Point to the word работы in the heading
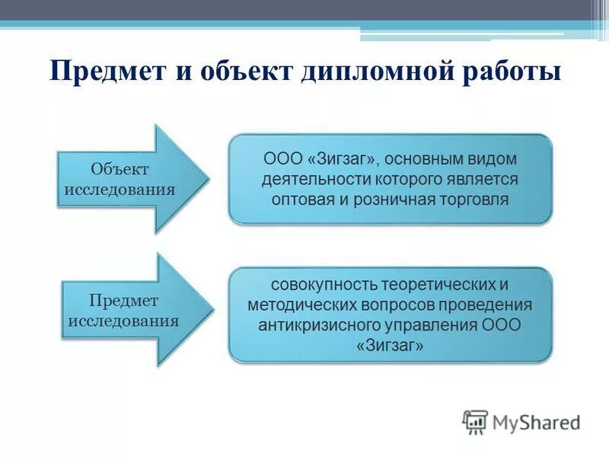[x=510, y=73]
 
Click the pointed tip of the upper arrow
[x=206, y=179]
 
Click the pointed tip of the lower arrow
[x=208, y=308]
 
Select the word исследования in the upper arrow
[x=120, y=188]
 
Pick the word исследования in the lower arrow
[x=123, y=320]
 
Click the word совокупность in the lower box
[x=323, y=285]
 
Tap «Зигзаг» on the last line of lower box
[x=390, y=345]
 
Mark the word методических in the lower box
[x=296, y=305]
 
